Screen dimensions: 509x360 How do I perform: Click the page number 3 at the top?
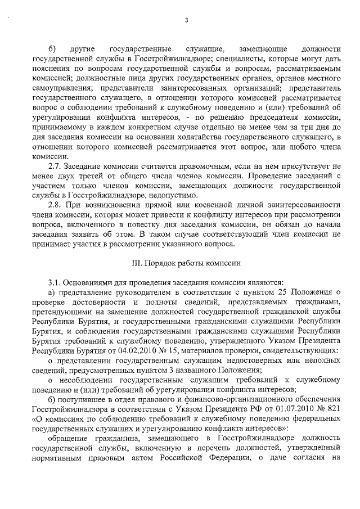(186, 21)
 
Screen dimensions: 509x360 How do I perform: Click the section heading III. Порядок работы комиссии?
(186, 263)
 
